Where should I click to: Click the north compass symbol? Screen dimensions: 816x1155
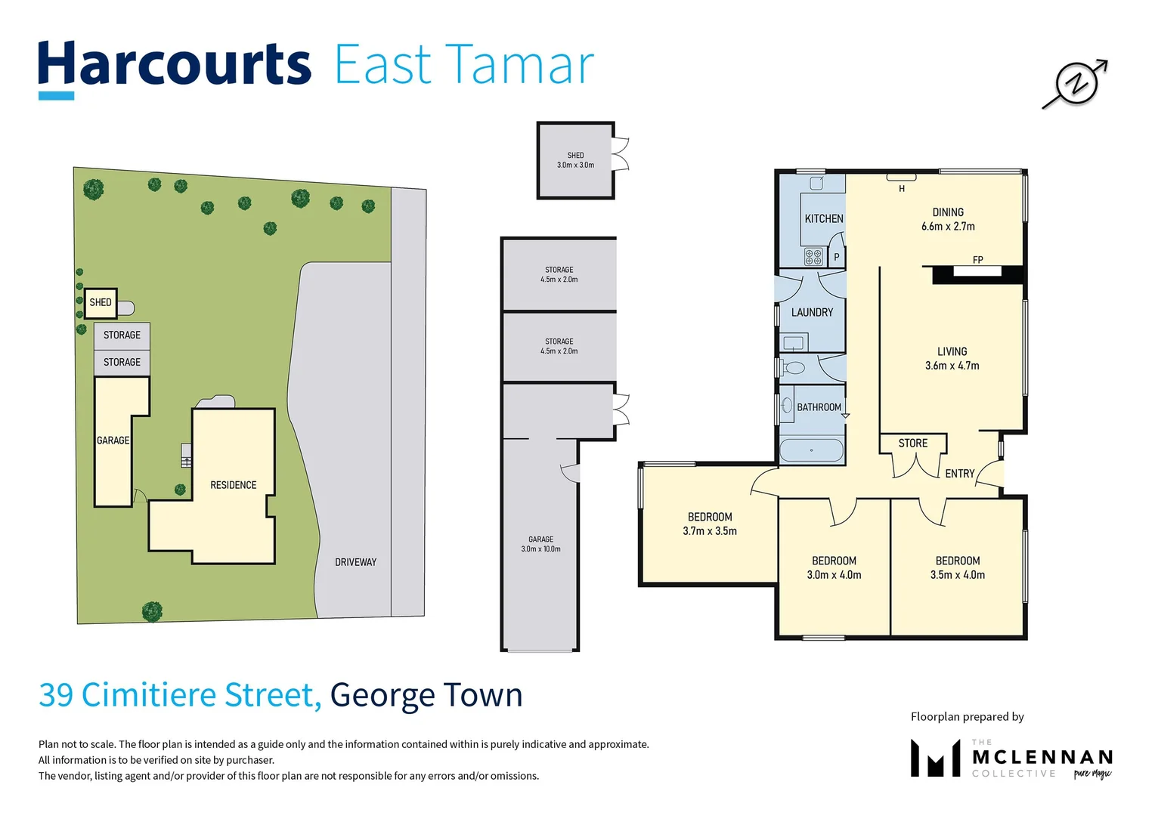[x=1075, y=83]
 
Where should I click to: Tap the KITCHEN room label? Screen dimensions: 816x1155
[x=823, y=219]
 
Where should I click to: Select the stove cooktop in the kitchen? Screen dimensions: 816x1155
[x=813, y=257]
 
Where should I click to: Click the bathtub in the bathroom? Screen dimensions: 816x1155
[x=811, y=450]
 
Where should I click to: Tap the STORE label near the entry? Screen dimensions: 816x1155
[x=912, y=444]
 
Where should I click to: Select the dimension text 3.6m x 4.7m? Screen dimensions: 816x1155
[x=952, y=366]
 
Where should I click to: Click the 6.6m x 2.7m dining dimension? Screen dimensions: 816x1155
[x=948, y=227]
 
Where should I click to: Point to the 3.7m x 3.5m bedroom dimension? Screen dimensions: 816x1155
[x=709, y=531]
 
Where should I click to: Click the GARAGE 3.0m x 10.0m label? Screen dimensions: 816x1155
[x=540, y=544]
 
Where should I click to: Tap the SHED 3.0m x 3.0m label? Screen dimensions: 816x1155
[x=575, y=160]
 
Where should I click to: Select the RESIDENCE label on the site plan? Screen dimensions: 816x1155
[x=233, y=485]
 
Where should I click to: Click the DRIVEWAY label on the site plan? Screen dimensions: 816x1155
[x=355, y=562]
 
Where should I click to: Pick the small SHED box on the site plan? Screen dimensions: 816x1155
[x=101, y=302]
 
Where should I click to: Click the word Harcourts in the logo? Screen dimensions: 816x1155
[x=175, y=65]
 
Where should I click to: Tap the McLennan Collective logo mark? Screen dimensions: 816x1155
[x=935, y=759]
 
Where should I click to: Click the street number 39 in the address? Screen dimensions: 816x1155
[x=56, y=695]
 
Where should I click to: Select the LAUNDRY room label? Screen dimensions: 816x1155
[x=812, y=313]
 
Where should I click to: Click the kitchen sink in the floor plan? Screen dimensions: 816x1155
[x=816, y=184]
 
